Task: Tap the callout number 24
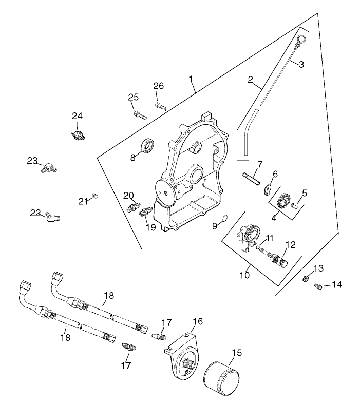(x=77, y=115)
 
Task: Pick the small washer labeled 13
(x=305, y=278)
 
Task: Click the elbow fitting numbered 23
(x=49, y=167)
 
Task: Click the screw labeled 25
(x=140, y=114)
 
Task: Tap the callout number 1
(x=191, y=79)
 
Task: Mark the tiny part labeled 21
(x=96, y=195)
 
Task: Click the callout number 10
(x=244, y=275)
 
